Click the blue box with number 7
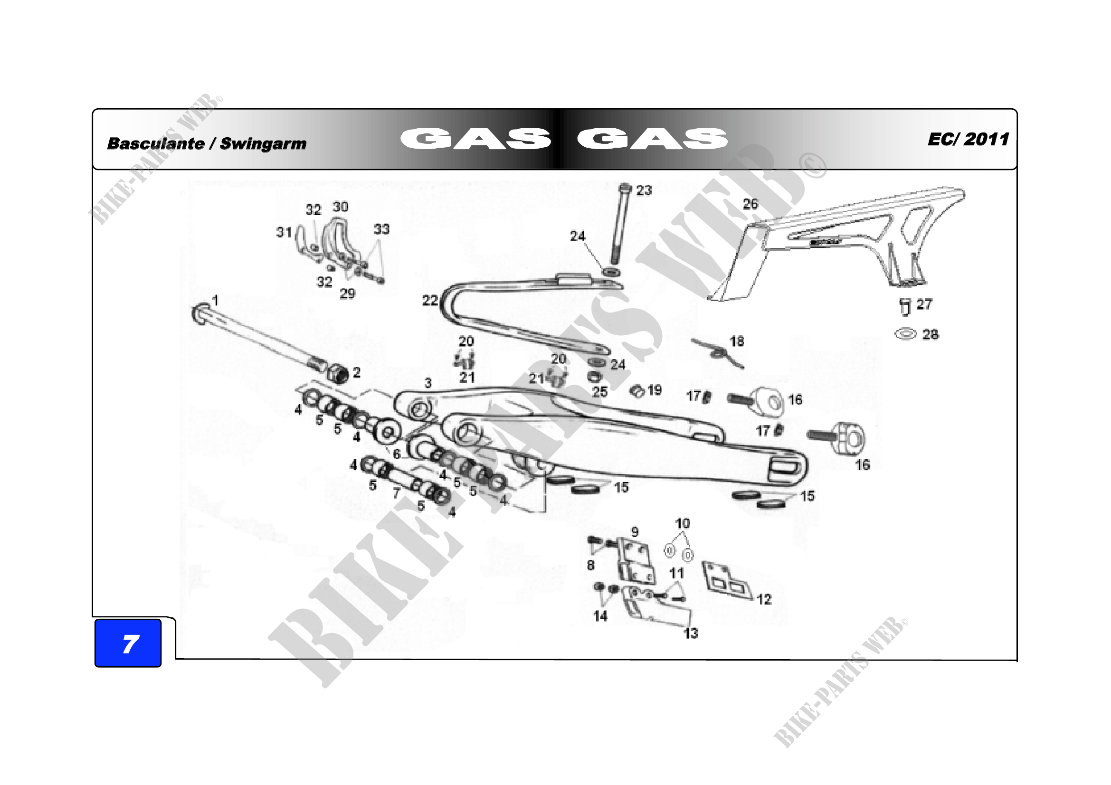[x=128, y=643]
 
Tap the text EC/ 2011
[x=968, y=139]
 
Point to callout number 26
[x=750, y=204]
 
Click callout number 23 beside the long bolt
[x=644, y=190]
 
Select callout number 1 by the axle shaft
[x=215, y=300]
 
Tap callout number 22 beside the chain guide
[x=430, y=301]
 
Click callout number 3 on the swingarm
[x=428, y=383]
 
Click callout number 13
[x=691, y=633]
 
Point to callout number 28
[x=930, y=334]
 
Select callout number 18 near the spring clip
[x=737, y=341]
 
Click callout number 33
[x=381, y=229]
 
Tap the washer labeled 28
[x=905, y=334]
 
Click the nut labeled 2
[x=339, y=373]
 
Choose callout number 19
[x=654, y=390]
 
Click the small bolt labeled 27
[x=904, y=306]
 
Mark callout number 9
[x=635, y=532]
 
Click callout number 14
[x=600, y=616]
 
